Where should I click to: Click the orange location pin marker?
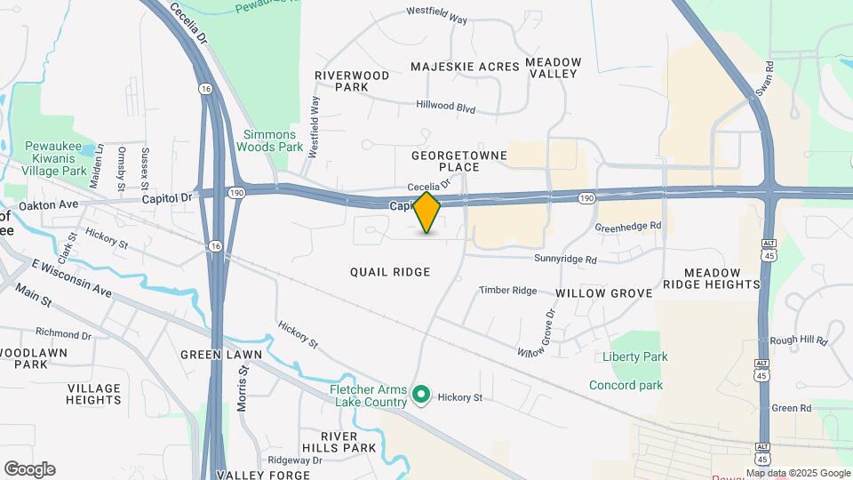(x=427, y=212)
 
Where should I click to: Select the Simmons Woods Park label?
(x=273, y=140)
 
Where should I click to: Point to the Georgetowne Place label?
(x=458, y=161)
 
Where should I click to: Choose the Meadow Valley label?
(x=554, y=68)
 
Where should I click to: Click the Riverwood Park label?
(x=353, y=82)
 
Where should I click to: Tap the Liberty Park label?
(x=634, y=356)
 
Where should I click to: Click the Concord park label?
(x=626, y=385)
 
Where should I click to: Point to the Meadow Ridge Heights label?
(x=723, y=278)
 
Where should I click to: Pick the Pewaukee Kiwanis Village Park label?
(x=55, y=156)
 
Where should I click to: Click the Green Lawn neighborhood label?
(x=221, y=355)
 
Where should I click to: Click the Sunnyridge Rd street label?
(x=565, y=260)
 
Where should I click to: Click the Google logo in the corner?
(x=29, y=469)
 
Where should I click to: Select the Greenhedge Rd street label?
(x=628, y=227)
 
